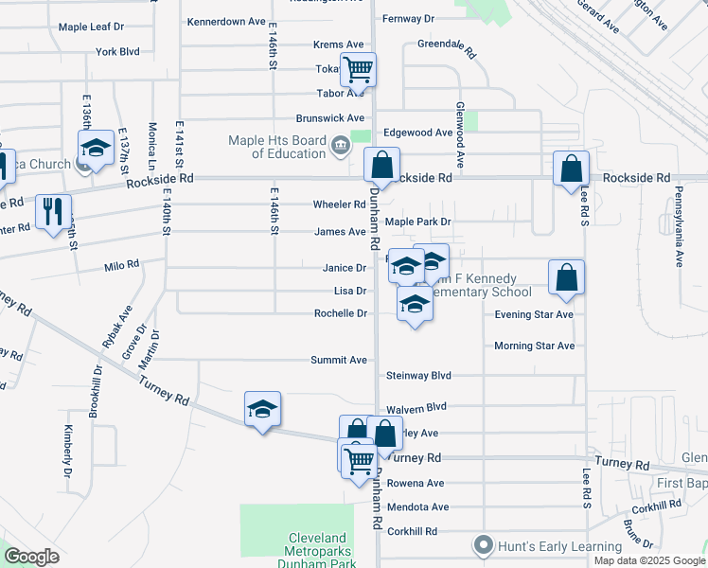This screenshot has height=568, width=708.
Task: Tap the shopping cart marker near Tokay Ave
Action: point(359,69)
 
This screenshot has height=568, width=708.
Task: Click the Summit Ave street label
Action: point(339,361)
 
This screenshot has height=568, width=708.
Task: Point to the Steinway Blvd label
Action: point(418,376)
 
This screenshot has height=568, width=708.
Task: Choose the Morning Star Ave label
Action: point(534,346)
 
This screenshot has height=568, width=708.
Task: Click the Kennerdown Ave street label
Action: point(226,21)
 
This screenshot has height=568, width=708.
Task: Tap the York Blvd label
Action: point(117,51)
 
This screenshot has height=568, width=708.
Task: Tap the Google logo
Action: point(31,557)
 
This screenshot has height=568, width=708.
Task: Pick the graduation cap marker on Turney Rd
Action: point(262,409)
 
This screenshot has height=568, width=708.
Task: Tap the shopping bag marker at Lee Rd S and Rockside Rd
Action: point(572,169)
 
